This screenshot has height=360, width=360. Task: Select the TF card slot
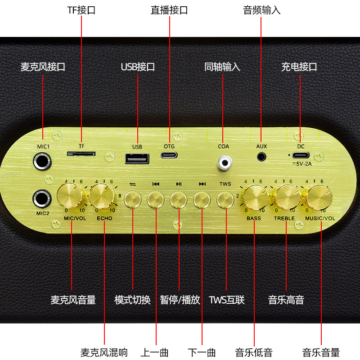point(81,154)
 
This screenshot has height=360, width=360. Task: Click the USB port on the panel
point(137,160)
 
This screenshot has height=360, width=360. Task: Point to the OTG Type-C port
point(169,155)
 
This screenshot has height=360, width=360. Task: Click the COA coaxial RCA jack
point(224,162)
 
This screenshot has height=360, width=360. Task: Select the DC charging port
point(301,155)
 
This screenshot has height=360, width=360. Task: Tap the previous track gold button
point(156,199)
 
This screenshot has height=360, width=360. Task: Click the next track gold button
point(202,199)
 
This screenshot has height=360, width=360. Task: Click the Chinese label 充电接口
point(299,67)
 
